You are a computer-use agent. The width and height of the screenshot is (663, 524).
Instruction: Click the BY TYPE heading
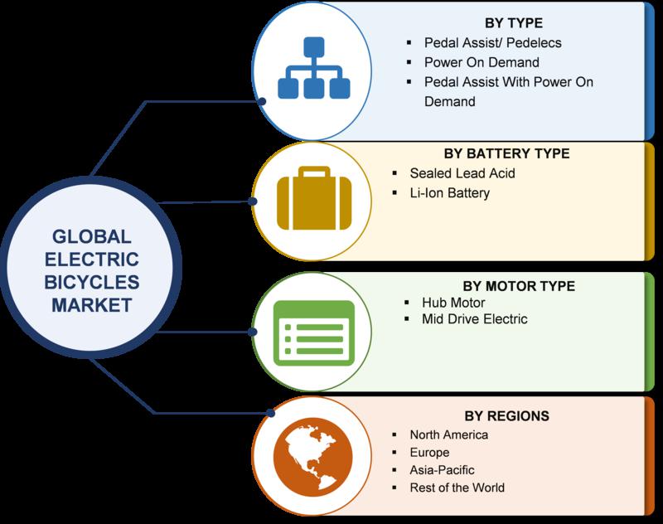click(513, 23)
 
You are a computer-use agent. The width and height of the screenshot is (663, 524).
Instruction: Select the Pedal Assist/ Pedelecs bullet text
click(492, 43)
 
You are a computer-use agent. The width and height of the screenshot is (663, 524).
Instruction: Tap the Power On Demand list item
click(482, 62)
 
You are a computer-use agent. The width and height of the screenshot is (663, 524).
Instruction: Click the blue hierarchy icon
click(314, 68)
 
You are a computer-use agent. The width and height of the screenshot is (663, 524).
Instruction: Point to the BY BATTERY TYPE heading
click(506, 153)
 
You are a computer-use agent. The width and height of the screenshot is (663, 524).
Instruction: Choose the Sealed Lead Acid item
click(462, 173)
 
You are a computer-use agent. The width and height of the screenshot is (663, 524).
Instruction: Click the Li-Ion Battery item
click(449, 193)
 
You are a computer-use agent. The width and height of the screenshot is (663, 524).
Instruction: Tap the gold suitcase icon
click(314, 198)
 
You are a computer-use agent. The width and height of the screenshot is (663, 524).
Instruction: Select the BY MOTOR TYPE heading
click(519, 286)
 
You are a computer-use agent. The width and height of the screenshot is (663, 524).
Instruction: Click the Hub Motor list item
click(453, 303)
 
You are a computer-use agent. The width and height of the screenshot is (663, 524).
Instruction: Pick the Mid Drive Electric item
click(474, 319)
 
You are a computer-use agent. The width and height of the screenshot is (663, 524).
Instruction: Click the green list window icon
click(314, 332)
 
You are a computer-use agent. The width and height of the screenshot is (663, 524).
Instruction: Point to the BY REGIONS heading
click(506, 416)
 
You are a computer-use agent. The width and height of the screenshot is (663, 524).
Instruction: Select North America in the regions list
click(448, 434)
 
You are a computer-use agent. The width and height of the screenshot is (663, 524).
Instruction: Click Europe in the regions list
click(429, 453)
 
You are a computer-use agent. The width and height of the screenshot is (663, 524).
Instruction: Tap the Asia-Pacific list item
click(442, 470)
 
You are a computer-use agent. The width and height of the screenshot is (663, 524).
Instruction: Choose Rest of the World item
click(457, 488)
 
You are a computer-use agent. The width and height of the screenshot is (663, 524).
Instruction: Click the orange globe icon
click(313, 457)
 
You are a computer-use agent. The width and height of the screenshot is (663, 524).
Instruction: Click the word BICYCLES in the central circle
click(92, 283)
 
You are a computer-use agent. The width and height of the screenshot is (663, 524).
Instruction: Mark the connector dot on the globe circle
click(271, 413)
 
